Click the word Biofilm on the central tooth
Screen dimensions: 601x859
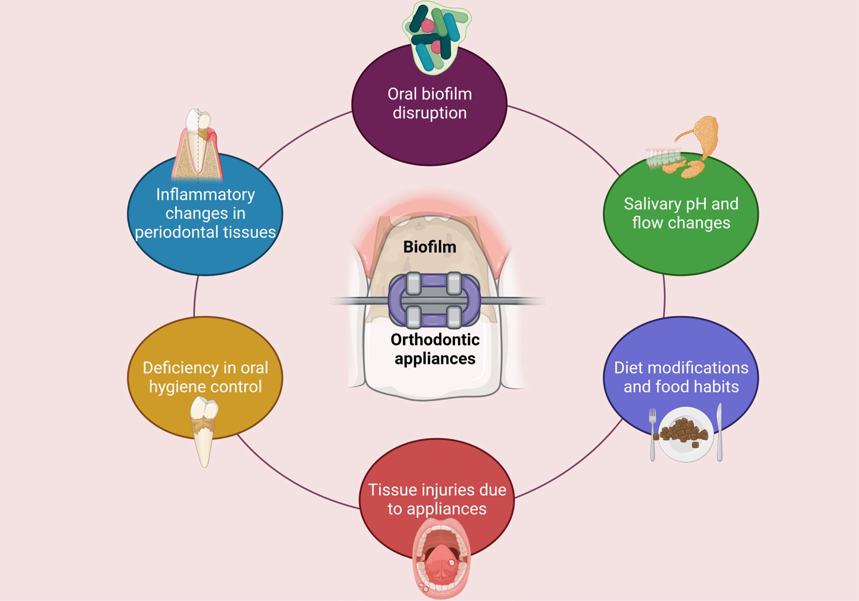click(x=429, y=247)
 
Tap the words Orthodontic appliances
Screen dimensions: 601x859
click(x=435, y=349)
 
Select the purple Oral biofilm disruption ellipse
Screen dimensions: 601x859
click(x=429, y=138)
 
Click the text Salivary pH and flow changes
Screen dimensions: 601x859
click(x=681, y=213)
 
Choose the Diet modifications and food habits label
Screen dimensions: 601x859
click(x=681, y=377)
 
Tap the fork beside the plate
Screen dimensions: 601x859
click(x=653, y=434)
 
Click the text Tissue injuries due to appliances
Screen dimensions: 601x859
click(x=437, y=499)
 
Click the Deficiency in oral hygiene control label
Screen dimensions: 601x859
click(x=205, y=377)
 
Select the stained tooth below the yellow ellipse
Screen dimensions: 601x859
click(x=204, y=430)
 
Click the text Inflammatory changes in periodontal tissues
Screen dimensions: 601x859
click(x=205, y=213)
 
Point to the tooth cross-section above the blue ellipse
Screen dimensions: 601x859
click(x=198, y=146)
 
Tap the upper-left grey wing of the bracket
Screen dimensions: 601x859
click(x=413, y=283)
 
